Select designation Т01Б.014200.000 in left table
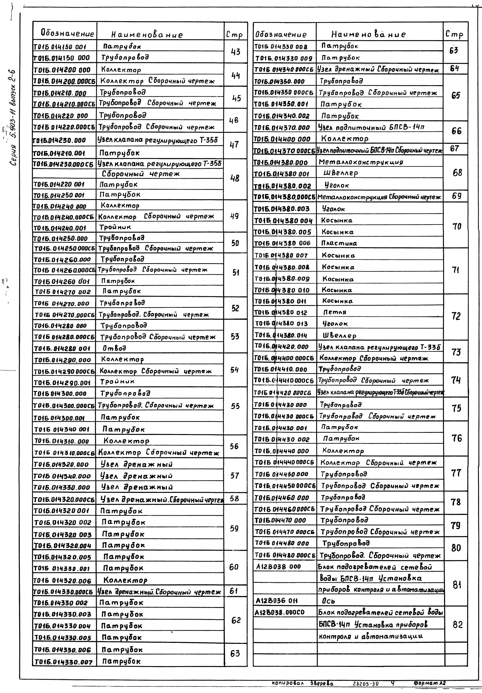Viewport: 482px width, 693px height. [x=62, y=70]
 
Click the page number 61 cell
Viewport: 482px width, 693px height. [x=234, y=591]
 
